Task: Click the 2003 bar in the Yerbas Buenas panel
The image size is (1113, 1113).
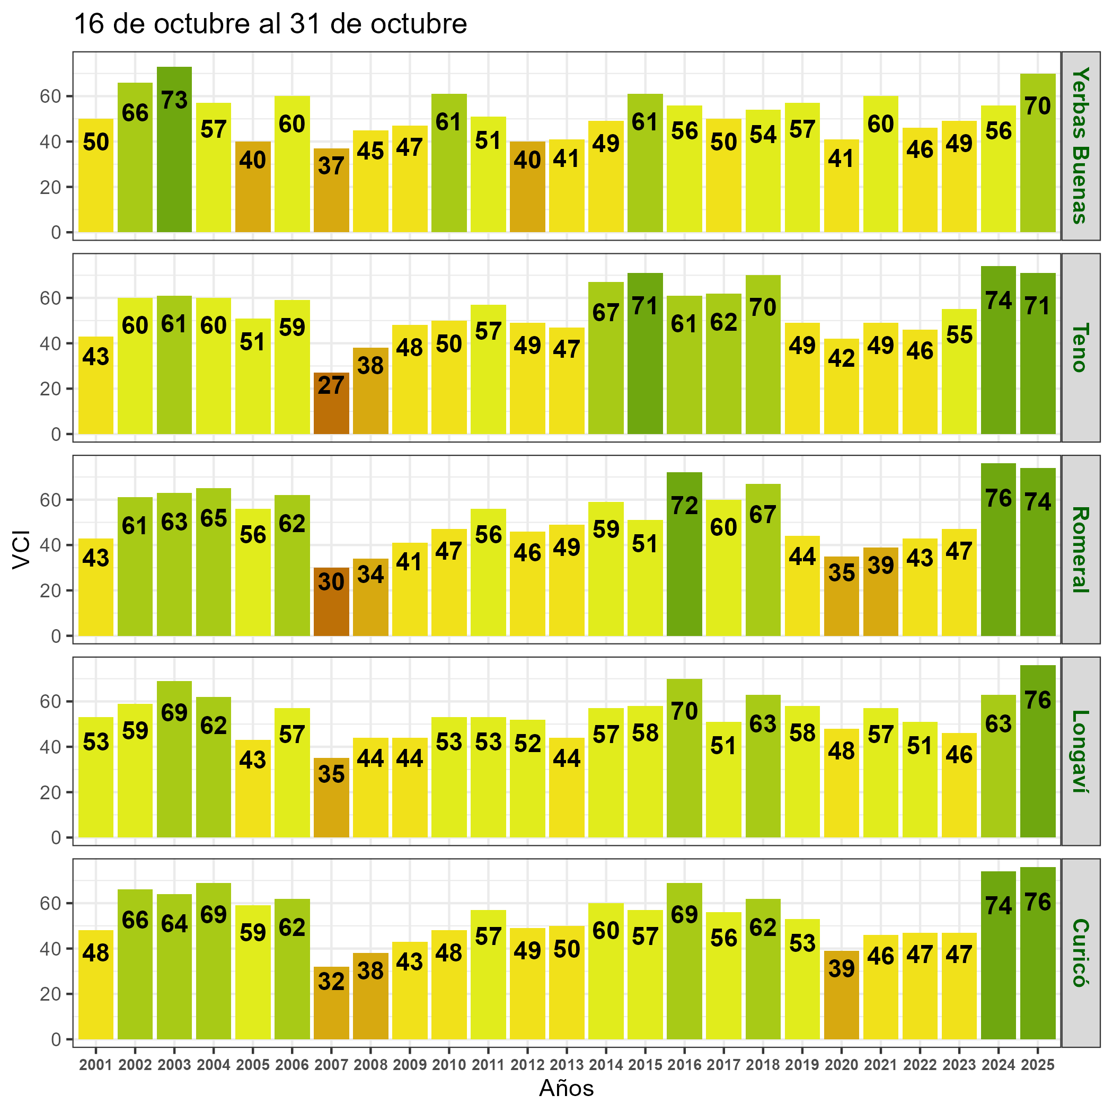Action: coord(174,150)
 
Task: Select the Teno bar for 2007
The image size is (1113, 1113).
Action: coord(331,403)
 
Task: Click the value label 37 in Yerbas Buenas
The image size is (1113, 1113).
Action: coord(331,166)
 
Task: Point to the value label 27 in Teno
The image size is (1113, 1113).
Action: coord(331,385)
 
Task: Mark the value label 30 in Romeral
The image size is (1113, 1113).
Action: coord(331,582)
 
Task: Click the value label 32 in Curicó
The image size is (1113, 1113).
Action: coord(331,981)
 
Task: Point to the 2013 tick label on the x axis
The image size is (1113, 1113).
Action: coord(566,1065)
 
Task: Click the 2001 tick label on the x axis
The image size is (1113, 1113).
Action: coord(95,1065)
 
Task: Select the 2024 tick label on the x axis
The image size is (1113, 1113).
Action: coord(998,1065)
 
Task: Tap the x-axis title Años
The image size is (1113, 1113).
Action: coord(566,1088)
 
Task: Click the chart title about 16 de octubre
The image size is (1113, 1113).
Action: coord(271,24)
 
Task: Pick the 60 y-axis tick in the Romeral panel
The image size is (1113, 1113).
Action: coord(50,500)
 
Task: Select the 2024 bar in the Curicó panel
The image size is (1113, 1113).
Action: coord(998,956)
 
